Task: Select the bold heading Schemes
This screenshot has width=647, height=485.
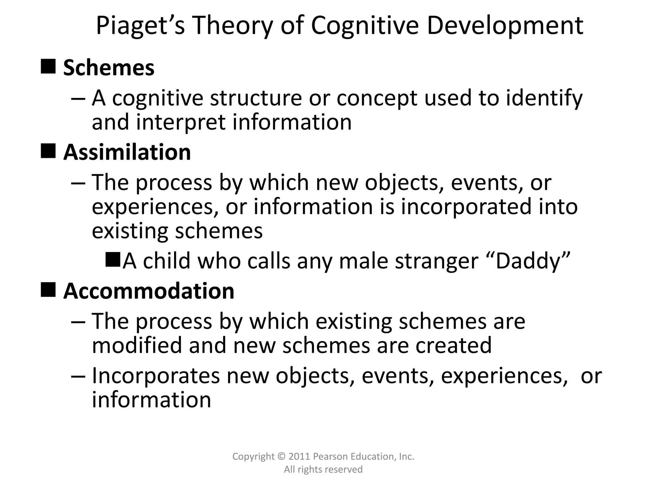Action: [x=109, y=68]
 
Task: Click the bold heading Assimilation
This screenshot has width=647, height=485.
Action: [x=127, y=153]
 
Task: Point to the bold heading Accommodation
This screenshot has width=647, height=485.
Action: [x=149, y=291]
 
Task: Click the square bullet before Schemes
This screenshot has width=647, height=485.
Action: [x=48, y=66]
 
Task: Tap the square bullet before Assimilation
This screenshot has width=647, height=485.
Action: [x=48, y=151]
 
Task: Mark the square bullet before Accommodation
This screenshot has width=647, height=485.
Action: [x=48, y=290]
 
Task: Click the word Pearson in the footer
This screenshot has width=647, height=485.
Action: [x=329, y=457]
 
